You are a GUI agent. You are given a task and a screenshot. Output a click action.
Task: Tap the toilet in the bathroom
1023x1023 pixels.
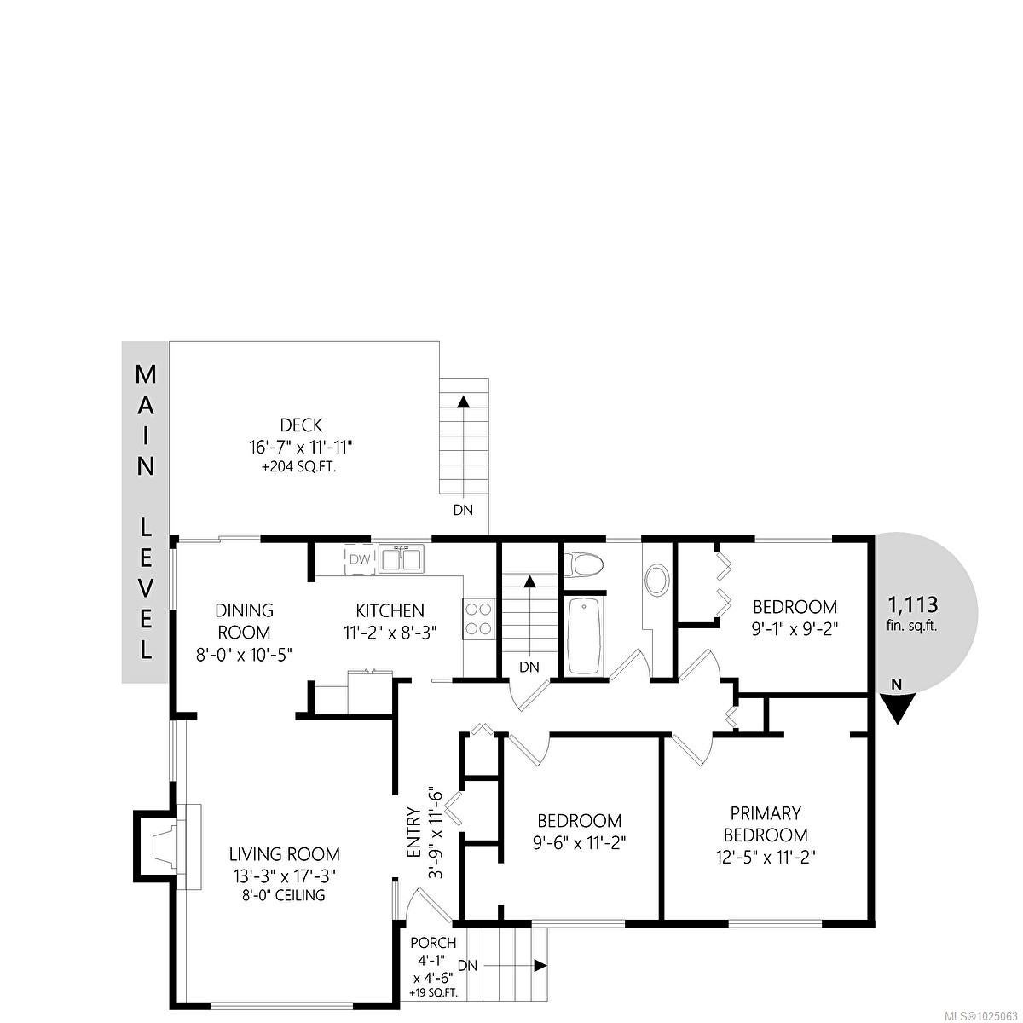click(582, 564)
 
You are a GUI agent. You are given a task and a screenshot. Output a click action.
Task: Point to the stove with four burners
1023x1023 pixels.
click(479, 618)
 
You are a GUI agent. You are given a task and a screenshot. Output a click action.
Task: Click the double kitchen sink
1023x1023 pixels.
click(402, 558)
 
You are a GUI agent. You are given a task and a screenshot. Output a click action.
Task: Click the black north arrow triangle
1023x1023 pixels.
click(897, 708)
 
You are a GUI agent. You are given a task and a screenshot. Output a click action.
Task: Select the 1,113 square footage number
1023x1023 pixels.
click(913, 604)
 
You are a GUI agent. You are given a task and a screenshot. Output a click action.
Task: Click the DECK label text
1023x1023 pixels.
click(301, 425)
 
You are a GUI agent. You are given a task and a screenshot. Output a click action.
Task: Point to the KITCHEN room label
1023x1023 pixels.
click(390, 610)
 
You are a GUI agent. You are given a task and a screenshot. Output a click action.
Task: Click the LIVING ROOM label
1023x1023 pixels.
click(285, 854)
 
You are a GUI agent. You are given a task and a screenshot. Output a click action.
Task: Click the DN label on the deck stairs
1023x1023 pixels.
click(462, 510)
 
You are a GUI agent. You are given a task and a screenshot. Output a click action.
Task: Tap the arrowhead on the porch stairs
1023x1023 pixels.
click(540, 966)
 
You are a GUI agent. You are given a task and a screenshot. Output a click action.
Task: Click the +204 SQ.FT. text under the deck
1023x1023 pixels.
click(298, 468)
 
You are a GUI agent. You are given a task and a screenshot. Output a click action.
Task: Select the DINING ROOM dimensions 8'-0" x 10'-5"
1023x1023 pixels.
click(244, 654)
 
